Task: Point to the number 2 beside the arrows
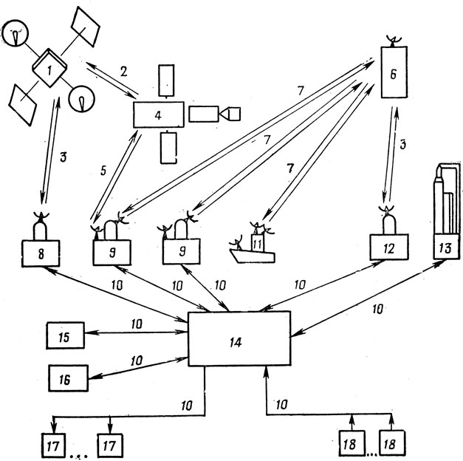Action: click(124, 72)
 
